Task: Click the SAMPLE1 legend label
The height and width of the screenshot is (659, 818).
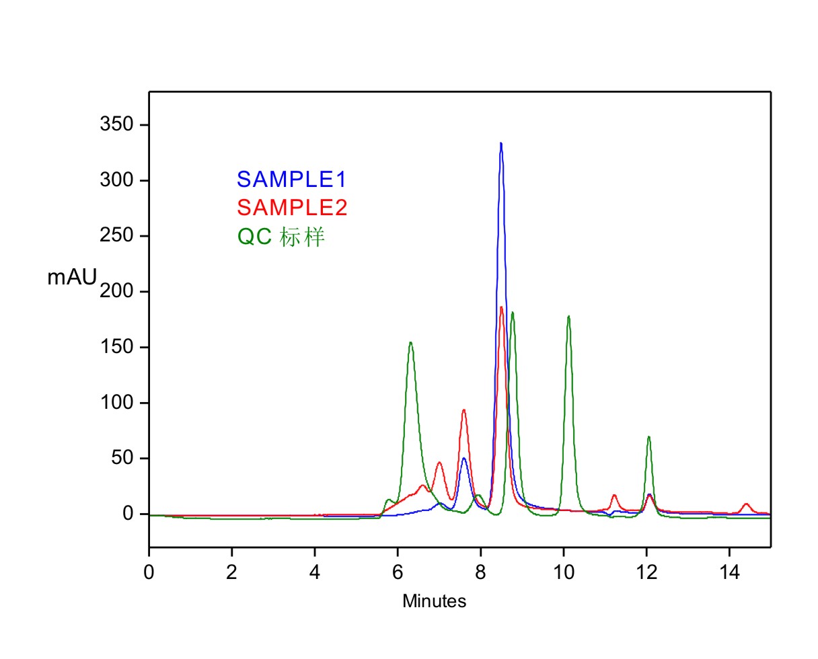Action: tap(291, 179)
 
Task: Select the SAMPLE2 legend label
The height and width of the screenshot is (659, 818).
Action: tap(292, 208)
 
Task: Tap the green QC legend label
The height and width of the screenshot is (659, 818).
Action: tap(281, 237)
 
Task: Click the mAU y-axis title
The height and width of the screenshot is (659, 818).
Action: tap(72, 277)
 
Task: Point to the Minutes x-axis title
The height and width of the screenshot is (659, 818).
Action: tap(434, 601)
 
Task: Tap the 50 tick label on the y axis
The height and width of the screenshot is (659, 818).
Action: tap(124, 459)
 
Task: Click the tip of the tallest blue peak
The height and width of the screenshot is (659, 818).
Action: tap(500, 143)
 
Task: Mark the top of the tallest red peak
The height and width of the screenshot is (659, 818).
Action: tap(501, 307)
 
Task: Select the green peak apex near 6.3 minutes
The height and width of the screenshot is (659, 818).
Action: tap(410, 342)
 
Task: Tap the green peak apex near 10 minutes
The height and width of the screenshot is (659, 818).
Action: tap(568, 316)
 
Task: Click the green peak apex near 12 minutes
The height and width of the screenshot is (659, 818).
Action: tap(648, 437)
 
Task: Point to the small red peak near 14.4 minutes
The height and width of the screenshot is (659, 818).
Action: tap(745, 504)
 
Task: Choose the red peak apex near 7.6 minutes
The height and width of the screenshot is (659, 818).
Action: tap(463, 410)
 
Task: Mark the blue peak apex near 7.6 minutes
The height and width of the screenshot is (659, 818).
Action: tap(463, 458)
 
